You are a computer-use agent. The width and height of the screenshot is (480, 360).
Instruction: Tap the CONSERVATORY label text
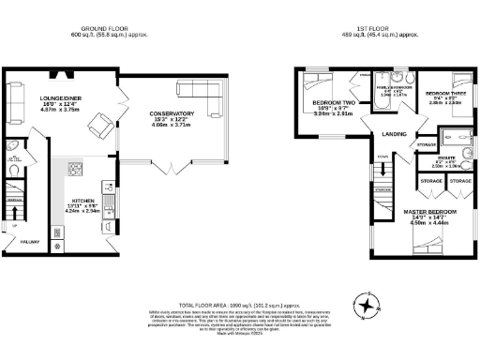pos(172,114)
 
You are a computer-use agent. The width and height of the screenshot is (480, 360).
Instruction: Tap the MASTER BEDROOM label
pos(430,213)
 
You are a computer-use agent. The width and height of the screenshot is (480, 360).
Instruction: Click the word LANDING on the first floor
pos(394,134)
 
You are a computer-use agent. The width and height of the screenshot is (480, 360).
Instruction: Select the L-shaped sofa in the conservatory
pos(200,95)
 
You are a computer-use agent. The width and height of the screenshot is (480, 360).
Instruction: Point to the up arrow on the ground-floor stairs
pos(13,226)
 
